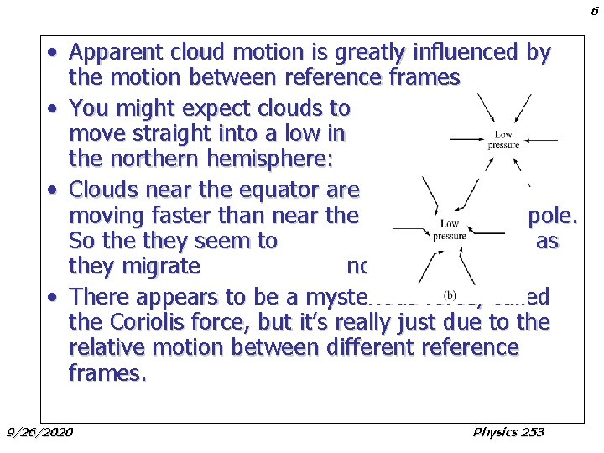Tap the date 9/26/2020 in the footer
tap(39, 432)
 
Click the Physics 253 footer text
tap(508, 432)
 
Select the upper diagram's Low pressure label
tap(503, 139)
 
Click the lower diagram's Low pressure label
tap(450, 230)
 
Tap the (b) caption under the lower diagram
tap(450, 295)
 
